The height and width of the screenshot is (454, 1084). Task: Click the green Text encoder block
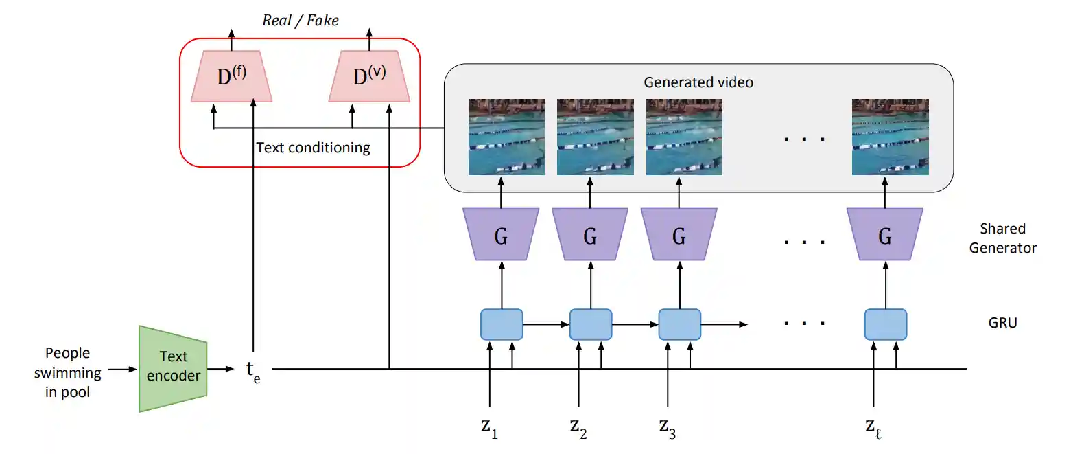pyautogui.click(x=173, y=368)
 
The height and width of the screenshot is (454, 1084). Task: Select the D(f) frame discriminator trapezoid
pyautogui.click(x=231, y=76)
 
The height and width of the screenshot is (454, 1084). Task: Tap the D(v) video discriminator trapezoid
pyautogui.click(x=369, y=76)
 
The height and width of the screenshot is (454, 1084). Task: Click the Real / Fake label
pyautogui.click(x=300, y=21)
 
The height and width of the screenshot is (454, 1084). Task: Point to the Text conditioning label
pyautogui.click(x=313, y=147)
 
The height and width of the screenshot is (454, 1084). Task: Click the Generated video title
pyautogui.click(x=698, y=82)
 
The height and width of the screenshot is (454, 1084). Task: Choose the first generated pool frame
pyautogui.click(x=506, y=137)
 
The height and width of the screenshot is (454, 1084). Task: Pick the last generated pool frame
pyautogui.click(x=890, y=137)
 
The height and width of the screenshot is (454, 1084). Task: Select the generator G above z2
pyautogui.click(x=590, y=234)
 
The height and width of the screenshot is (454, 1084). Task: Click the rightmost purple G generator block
pyautogui.click(x=884, y=234)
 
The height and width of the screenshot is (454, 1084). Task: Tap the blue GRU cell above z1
pyautogui.click(x=502, y=324)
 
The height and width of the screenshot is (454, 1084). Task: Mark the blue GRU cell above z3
pyautogui.click(x=679, y=324)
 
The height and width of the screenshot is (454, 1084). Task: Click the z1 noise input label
pyautogui.click(x=489, y=428)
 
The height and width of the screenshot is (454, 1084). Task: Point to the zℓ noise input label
pyautogui.click(x=873, y=428)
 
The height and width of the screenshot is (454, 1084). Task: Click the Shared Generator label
pyautogui.click(x=1003, y=238)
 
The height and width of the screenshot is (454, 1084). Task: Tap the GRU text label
pyautogui.click(x=1003, y=323)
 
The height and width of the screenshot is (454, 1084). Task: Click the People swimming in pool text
pyautogui.click(x=67, y=372)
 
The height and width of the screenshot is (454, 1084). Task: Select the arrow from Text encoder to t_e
pyautogui.click(x=221, y=370)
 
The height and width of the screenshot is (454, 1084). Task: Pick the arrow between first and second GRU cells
pyautogui.click(x=546, y=324)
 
